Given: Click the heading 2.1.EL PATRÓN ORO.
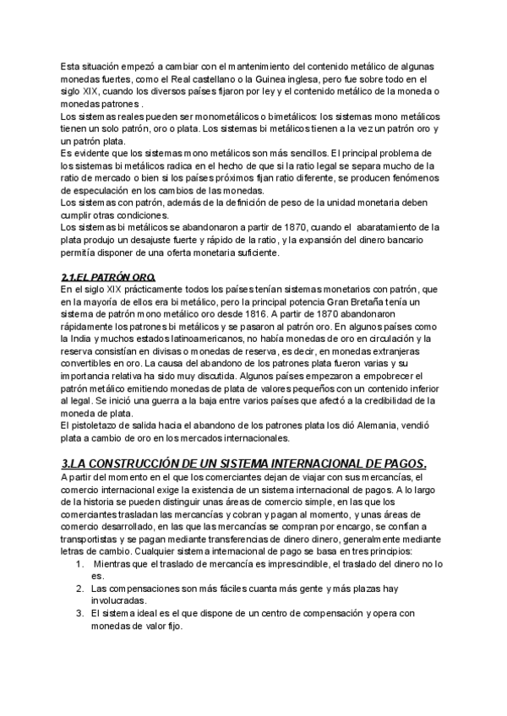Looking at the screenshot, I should coord(109,278).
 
